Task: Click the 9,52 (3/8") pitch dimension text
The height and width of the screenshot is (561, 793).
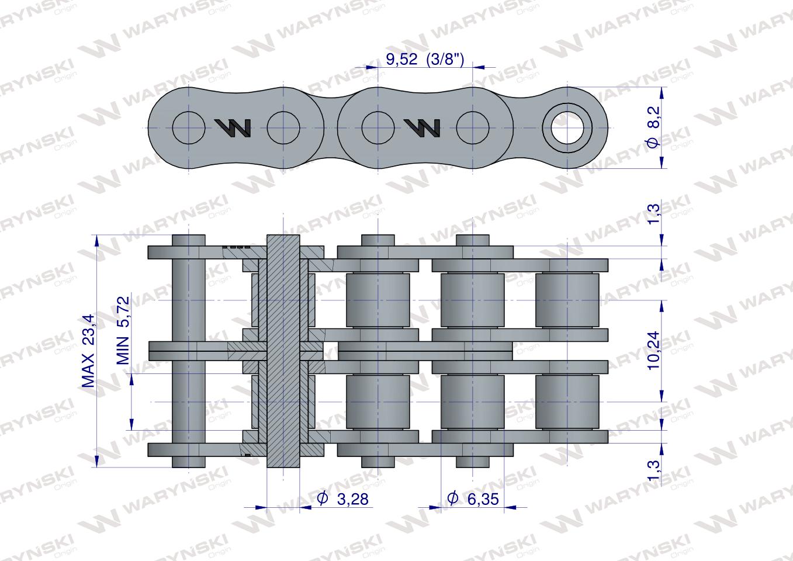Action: pyautogui.click(x=425, y=58)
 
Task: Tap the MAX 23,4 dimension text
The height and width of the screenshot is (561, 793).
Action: pyautogui.click(x=88, y=351)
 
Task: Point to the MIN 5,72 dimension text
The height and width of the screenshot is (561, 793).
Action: pyautogui.click(x=123, y=330)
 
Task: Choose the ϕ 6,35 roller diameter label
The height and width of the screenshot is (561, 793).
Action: pyautogui.click(x=475, y=498)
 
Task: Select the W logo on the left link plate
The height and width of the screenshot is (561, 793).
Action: pyautogui.click(x=233, y=127)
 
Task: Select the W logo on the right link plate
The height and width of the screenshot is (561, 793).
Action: pyautogui.click(x=423, y=127)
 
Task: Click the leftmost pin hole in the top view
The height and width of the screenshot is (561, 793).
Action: pyautogui.click(x=189, y=127)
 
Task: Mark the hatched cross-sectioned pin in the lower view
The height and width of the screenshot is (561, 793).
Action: pyautogui.click(x=283, y=351)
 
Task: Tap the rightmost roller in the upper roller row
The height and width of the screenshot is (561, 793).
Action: pyautogui.click(x=567, y=300)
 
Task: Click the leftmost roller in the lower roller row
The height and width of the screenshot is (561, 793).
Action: pyautogui.click(x=378, y=402)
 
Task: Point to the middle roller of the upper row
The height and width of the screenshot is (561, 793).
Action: pyautogui.click(x=472, y=300)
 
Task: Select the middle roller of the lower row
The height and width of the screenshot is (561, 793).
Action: pyautogui.click(x=472, y=402)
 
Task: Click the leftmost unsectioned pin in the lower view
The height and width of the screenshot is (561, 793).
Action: pyautogui.click(x=189, y=351)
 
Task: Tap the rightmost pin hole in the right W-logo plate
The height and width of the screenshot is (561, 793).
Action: pyautogui.click(x=473, y=127)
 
